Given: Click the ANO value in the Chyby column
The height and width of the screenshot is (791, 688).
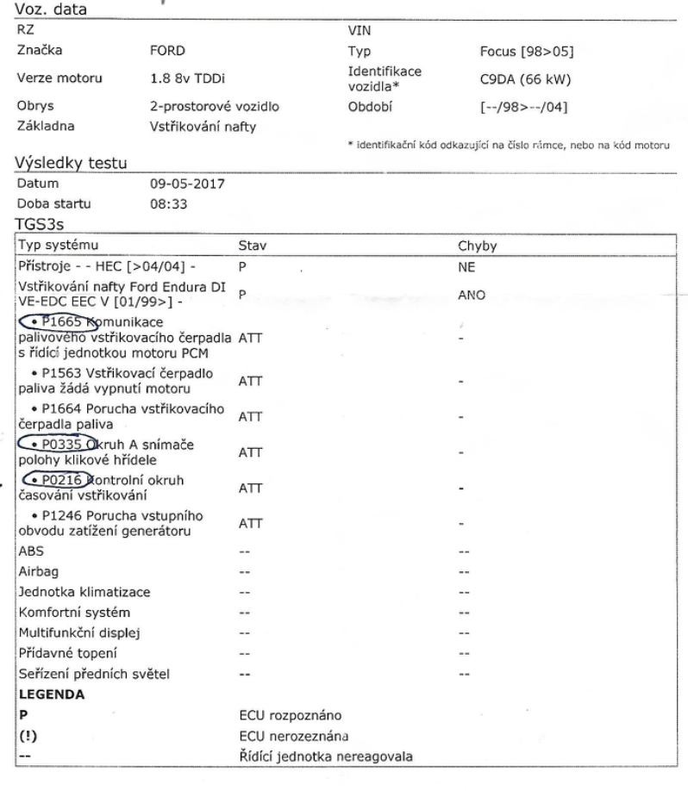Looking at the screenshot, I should click(471, 294).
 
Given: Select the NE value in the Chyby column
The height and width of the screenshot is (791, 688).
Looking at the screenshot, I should click(466, 268).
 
